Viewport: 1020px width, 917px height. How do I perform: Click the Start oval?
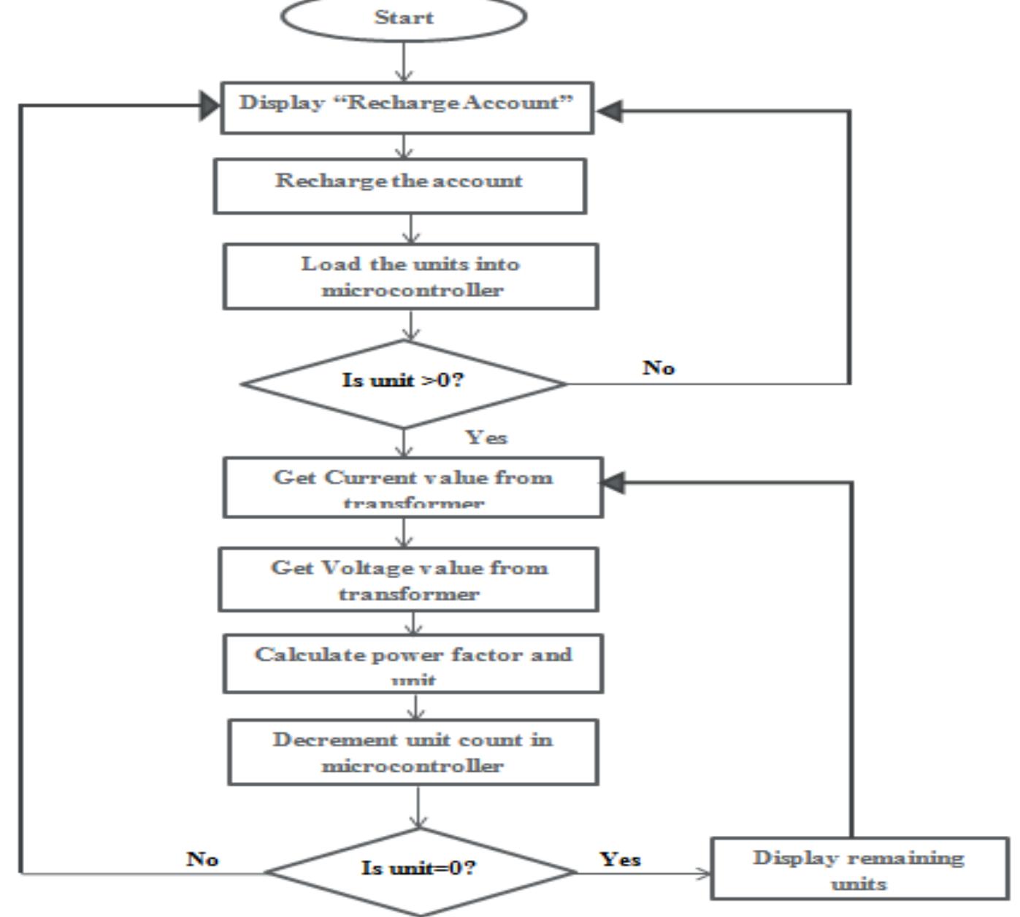pos(403,17)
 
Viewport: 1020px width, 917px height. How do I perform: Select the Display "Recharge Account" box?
pos(407,107)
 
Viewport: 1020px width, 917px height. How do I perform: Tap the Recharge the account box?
pos(399,185)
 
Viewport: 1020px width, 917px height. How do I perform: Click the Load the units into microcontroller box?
pos(410,277)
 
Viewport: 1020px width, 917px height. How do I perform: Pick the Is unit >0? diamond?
pos(404,383)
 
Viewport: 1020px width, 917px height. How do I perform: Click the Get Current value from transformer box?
pos(413,488)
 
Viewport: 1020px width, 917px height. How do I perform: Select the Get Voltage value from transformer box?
pos(408,580)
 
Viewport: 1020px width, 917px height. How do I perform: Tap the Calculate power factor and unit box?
pos(413,664)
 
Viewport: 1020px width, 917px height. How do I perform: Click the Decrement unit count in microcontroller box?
pos(413,752)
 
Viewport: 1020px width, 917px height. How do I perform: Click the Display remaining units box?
pos(859,869)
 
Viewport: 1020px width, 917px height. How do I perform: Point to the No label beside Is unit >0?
pos(659,367)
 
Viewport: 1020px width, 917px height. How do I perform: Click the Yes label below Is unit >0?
pos(487,437)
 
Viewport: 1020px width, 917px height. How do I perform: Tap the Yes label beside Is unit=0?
pos(621,859)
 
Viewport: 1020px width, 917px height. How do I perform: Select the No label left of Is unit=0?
pos(202,859)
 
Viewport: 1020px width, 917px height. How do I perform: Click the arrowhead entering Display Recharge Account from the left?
pos(210,106)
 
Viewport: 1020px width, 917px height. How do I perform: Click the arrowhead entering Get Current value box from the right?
pos(612,482)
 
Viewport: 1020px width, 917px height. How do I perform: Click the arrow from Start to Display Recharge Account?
pos(404,61)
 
